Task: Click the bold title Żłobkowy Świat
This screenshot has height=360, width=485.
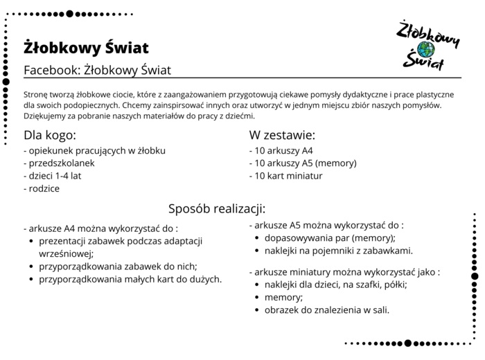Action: click(85, 48)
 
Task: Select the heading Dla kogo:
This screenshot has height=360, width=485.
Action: click(50, 134)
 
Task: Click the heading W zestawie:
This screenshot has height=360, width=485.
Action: click(282, 134)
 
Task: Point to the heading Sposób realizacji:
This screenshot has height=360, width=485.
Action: click(217, 208)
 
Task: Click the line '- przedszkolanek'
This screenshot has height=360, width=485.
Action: click(59, 163)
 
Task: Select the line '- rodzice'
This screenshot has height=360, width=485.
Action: click(42, 188)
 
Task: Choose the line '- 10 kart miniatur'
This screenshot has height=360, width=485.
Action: click(286, 176)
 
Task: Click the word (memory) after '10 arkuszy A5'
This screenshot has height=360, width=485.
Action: click(336, 163)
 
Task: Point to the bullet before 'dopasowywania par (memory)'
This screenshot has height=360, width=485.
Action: click(258, 237)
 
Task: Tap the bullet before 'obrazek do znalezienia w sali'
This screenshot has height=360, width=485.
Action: click(258, 309)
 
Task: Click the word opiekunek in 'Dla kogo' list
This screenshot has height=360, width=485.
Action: click(52, 150)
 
